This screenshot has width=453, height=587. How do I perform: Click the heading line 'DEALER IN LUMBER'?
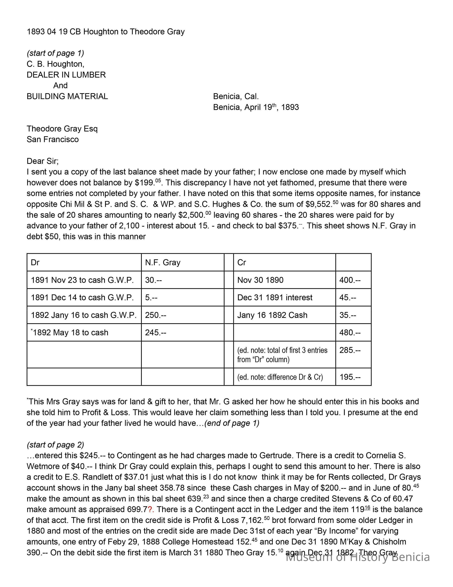pos(66,75)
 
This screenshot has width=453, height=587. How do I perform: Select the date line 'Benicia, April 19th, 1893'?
pos(256,107)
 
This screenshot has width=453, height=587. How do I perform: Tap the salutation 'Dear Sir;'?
pos(42,161)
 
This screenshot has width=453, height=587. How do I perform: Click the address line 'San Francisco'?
pos(53,139)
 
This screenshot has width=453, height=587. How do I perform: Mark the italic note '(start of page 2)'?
pos(55,445)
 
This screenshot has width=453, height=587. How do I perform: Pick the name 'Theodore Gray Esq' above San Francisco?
pos(62,129)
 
